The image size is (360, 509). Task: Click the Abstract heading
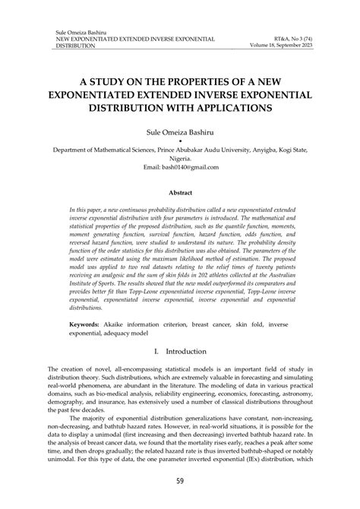click(180, 194)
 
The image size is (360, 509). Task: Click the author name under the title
click(180, 132)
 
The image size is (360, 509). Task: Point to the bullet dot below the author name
click(180, 141)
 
